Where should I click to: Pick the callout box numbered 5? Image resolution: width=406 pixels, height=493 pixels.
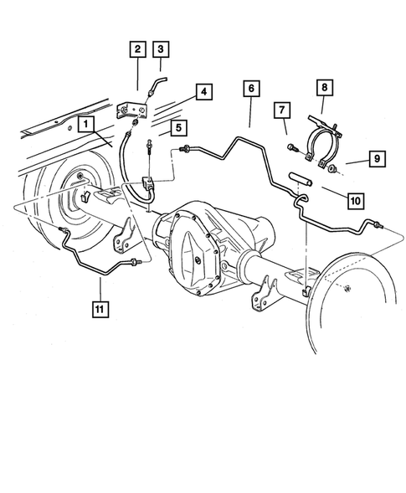point(178,127)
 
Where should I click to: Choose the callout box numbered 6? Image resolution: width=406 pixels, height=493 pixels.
point(251,87)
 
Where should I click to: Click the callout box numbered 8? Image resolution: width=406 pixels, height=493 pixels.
point(324,87)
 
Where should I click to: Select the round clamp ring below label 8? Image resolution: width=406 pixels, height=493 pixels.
point(319,147)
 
